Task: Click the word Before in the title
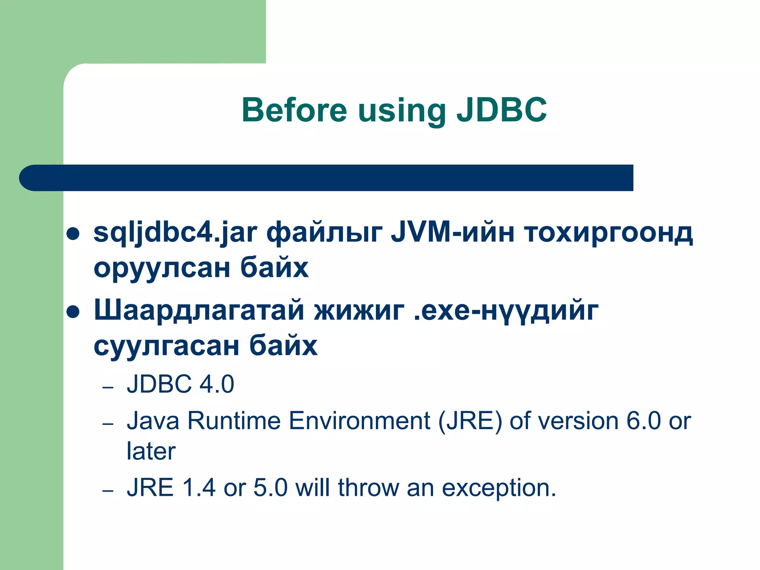(294, 110)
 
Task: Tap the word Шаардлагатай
(199, 311)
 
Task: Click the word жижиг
(359, 311)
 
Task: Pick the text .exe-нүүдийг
(506, 311)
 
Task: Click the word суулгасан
(166, 346)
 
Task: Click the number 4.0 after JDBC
(217, 384)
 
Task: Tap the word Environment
(359, 421)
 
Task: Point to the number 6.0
(643, 421)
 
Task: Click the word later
(151, 452)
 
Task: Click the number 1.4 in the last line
(199, 488)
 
